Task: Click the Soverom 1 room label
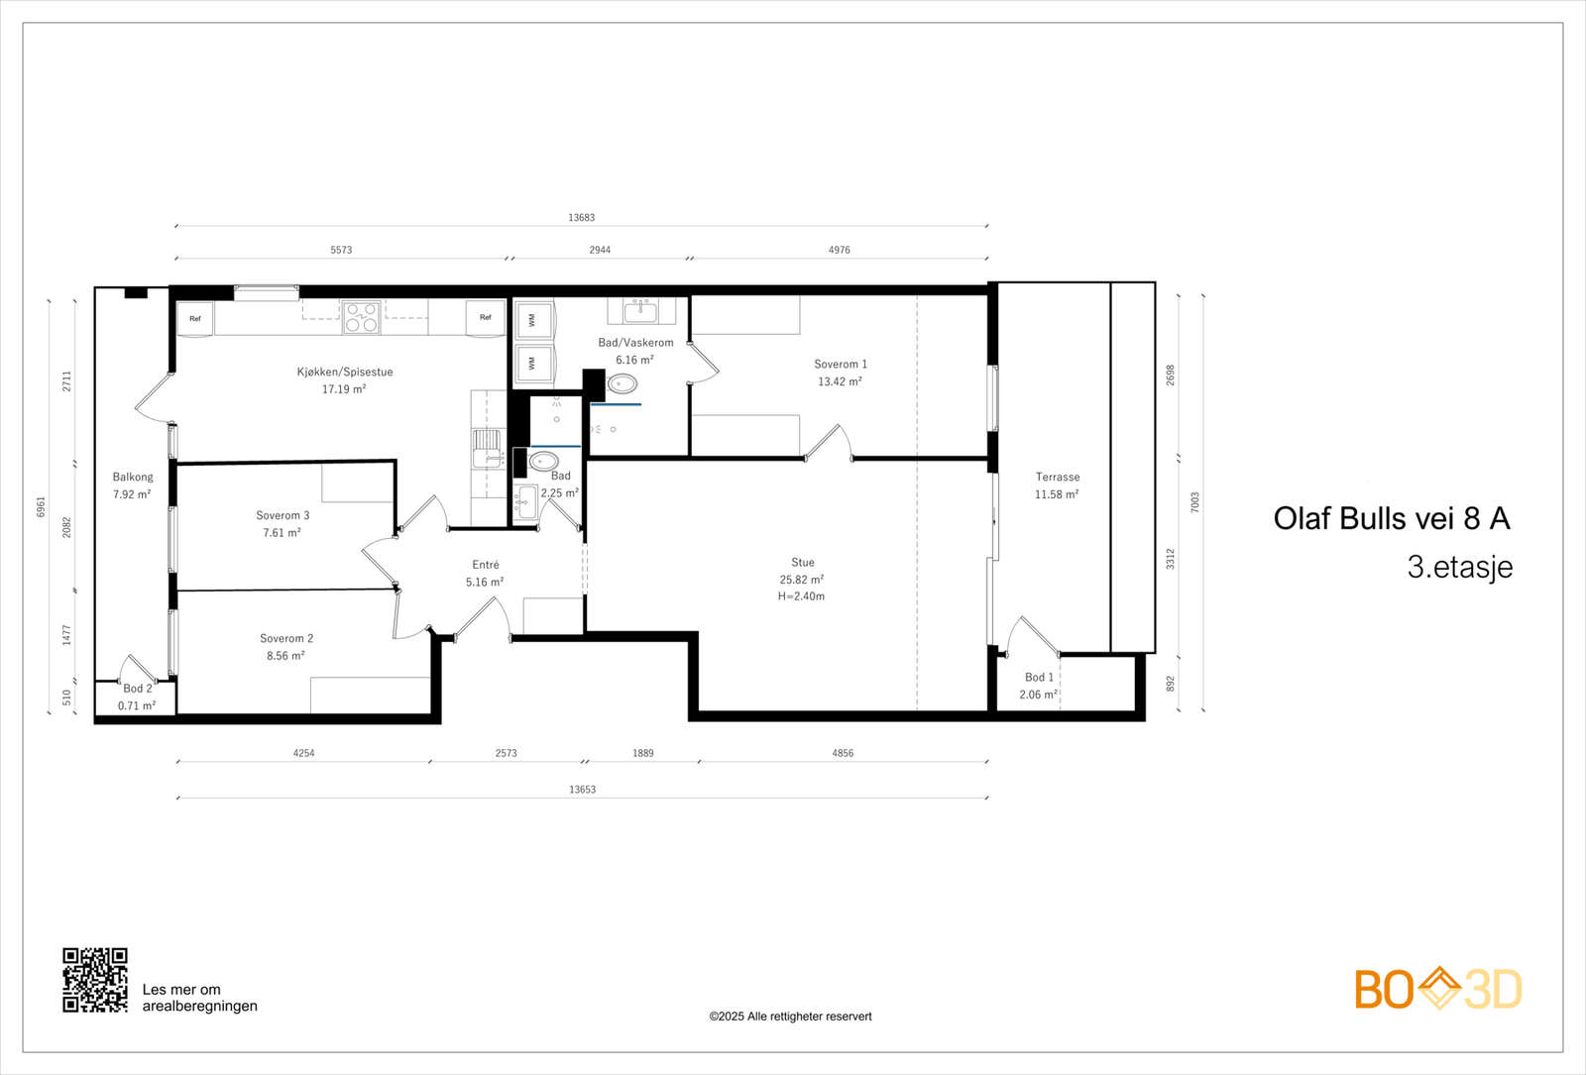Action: click(x=841, y=364)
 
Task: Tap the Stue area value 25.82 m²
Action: click(x=802, y=580)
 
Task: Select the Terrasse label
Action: click(x=1058, y=477)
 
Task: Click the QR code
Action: click(x=95, y=980)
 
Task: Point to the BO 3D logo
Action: click(x=1438, y=989)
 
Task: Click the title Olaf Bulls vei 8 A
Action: click(x=1392, y=519)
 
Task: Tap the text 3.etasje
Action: click(x=1460, y=567)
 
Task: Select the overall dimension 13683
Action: click(x=581, y=217)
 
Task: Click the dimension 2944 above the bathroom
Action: click(x=600, y=250)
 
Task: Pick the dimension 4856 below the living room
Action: click(x=843, y=753)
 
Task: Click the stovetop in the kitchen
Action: click(x=361, y=317)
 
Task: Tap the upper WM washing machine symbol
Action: click(x=533, y=321)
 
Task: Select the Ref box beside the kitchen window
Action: click(x=194, y=319)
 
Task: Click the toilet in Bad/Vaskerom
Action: click(x=622, y=384)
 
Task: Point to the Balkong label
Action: click(x=133, y=477)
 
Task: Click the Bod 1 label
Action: click(x=1040, y=678)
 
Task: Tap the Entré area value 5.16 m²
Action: click(x=485, y=582)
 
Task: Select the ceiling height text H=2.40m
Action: click(x=802, y=596)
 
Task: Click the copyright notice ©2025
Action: click(x=790, y=1017)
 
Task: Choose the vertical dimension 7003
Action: click(x=1195, y=502)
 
